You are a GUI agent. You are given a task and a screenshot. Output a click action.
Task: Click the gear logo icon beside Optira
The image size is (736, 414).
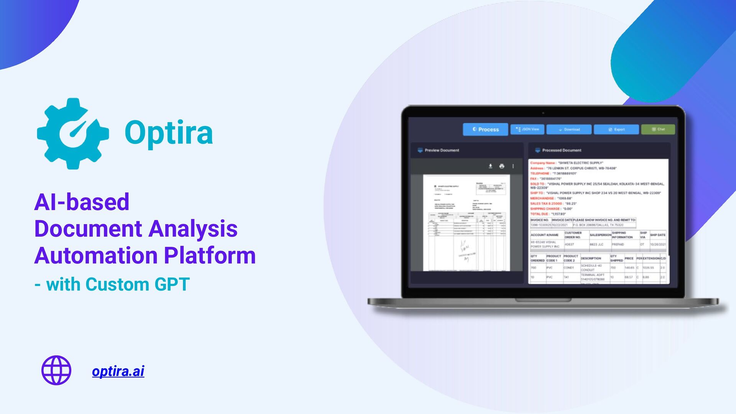click(x=73, y=133)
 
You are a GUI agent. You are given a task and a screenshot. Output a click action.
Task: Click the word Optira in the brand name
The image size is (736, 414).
click(x=169, y=133)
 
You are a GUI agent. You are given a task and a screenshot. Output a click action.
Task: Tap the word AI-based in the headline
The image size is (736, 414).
click(x=82, y=202)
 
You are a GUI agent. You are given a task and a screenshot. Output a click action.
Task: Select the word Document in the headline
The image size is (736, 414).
click(x=88, y=229)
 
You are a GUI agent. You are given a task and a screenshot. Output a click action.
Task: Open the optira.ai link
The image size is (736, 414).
click(x=118, y=371)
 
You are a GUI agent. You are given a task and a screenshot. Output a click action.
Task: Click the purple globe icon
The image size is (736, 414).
click(x=56, y=370)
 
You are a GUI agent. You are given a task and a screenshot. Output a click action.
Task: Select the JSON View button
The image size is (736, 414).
click(x=527, y=130)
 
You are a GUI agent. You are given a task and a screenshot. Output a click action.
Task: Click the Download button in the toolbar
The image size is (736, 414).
click(x=569, y=130)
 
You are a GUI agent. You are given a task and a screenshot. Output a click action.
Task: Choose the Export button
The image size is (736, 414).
click(x=616, y=130)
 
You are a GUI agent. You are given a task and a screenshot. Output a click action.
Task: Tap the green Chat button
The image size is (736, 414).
click(x=658, y=129)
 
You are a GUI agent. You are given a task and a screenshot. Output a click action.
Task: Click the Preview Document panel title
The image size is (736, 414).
click(x=442, y=150)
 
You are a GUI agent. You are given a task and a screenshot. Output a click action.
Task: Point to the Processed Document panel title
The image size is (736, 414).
click(x=562, y=150)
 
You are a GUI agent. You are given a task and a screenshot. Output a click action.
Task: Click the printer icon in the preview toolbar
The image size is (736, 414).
click(x=502, y=166)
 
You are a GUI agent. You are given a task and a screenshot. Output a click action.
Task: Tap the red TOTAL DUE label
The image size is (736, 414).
click(x=539, y=214)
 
